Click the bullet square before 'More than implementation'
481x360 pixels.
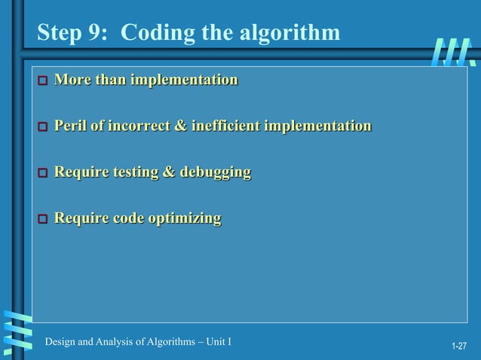pos(43,81)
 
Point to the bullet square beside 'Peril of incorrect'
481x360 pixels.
pos(43,127)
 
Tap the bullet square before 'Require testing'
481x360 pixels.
pos(43,174)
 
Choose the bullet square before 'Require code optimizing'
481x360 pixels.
pos(43,220)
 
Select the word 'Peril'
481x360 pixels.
pos(70,126)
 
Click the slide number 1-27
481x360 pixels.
pos(459,346)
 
